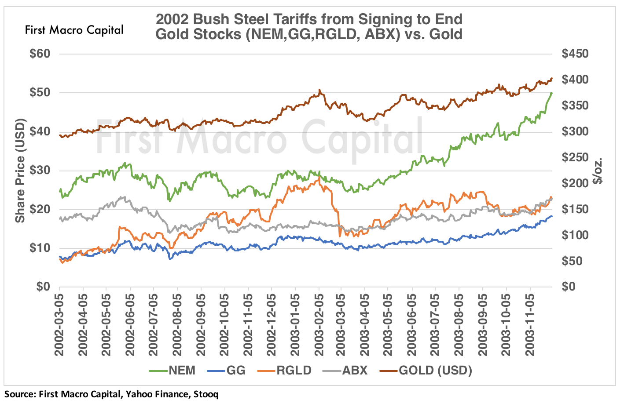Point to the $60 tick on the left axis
[x=40, y=54]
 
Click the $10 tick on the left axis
[x=40, y=248]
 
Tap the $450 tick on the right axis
[x=575, y=54]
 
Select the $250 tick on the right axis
[x=575, y=157]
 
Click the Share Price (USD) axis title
[x=20, y=171]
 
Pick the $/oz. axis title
[x=598, y=171]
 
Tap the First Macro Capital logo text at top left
[x=74, y=30]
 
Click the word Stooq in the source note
[x=205, y=394]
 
